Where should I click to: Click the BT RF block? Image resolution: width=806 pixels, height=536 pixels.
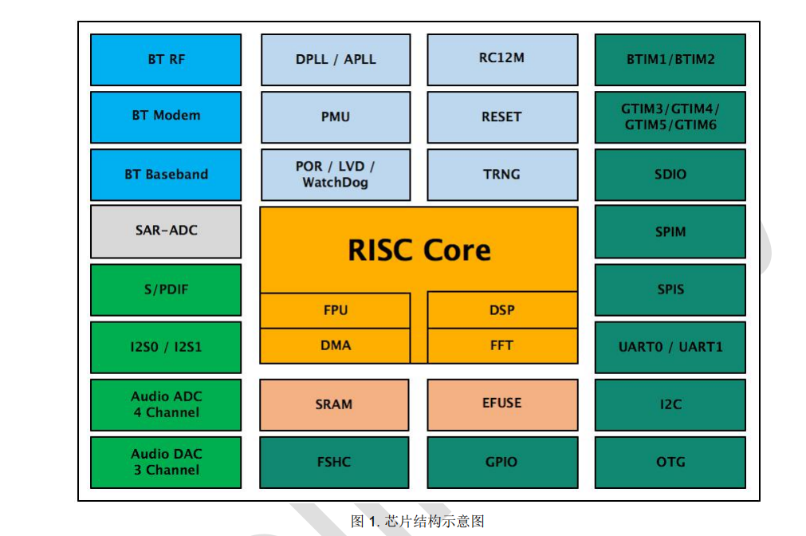(x=166, y=59)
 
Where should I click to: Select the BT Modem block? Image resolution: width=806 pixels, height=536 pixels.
(x=166, y=116)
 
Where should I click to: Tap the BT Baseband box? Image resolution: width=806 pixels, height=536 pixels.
(x=166, y=174)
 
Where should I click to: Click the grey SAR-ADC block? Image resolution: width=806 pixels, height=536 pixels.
(x=166, y=231)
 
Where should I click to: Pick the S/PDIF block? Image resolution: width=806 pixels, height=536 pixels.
(x=166, y=290)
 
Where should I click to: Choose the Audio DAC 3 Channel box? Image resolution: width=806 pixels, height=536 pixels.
(x=166, y=462)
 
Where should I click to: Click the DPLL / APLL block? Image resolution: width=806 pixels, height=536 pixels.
(x=336, y=59)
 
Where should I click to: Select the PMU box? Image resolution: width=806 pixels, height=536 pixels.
(x=336, y=116)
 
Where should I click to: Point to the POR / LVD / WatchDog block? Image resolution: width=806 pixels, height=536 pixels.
(x=336, y=174)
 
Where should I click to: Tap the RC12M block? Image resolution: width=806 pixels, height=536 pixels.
(x=502, y=59)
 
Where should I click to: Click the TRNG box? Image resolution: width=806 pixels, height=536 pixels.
(x=502, y=174)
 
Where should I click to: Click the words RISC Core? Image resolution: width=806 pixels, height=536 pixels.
(x=419, y=250)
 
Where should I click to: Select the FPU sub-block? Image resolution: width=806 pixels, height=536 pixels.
(x=336, y=310)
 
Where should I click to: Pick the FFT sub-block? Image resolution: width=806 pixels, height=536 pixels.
(x=502, y=345)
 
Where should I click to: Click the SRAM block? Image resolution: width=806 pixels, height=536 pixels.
(x=334, y=404)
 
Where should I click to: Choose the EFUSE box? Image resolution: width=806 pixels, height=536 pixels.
(x=502, y=404)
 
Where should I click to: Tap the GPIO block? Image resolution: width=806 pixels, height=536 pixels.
(x=502, y=462)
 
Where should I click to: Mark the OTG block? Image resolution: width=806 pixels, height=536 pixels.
(x=670, y=462)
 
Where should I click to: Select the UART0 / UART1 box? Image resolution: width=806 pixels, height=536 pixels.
(x=670, y=347)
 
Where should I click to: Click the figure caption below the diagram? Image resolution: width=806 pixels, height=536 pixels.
(x=418, y=522)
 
